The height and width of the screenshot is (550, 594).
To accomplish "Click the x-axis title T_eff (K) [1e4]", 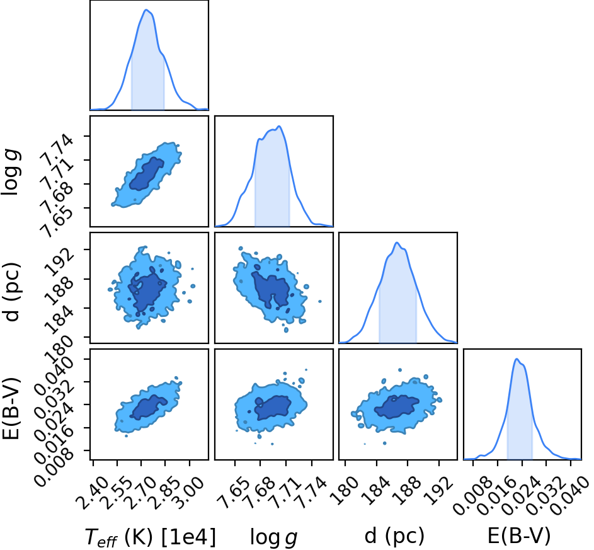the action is click(151, 536).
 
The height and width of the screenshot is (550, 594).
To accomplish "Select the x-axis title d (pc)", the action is click(394, 536).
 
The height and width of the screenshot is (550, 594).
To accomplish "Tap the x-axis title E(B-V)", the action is click(518, 536).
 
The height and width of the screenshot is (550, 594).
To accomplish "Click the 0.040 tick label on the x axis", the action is click(569, 495).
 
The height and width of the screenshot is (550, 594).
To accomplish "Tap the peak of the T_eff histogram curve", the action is click(147, 10).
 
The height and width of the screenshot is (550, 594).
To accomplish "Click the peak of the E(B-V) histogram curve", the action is click(516, 358).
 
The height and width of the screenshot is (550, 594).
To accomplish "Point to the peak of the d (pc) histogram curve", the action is click(397, 243).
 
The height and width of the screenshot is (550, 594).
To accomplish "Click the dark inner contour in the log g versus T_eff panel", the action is click(147, 173).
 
